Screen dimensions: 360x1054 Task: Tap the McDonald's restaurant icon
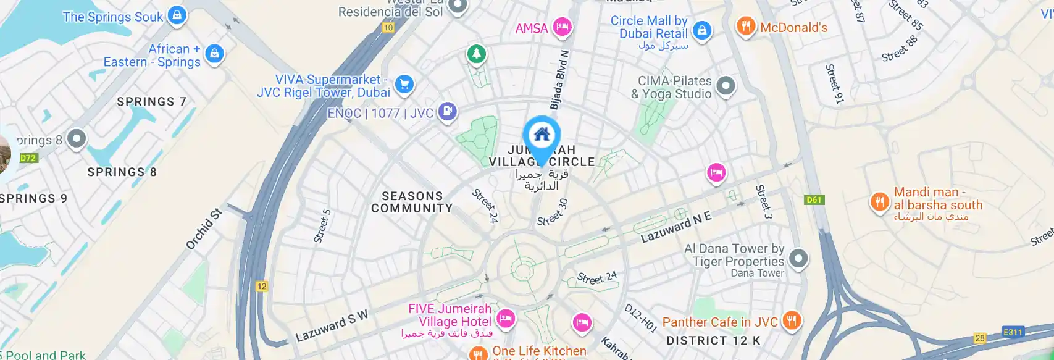click(746, 27)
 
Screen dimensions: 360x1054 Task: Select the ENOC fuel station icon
click(447, 112)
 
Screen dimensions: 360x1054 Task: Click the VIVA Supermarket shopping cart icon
click(404, 84)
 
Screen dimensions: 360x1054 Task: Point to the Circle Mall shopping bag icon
click(701, 30)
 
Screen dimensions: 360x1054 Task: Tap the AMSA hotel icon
click(561, 27)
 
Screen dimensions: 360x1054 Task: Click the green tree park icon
click(476, 54)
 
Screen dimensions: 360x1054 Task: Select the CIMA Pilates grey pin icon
click(726, 86)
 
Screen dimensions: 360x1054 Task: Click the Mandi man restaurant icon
click(879, 201)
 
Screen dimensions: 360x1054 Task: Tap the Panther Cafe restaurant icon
click(792, 320)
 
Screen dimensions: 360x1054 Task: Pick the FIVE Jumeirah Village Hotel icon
click(506, 319)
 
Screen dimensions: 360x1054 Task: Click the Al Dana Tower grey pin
click(798, 258)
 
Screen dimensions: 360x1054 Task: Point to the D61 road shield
click(814, 199)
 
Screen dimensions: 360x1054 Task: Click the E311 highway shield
click(1013, 332)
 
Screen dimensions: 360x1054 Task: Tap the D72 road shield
click(28, 158)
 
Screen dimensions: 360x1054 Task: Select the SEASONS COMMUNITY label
click(412, 202)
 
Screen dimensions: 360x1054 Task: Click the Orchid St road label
click(204, 229)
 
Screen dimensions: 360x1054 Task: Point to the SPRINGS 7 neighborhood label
click(151, 101)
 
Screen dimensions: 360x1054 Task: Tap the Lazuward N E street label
click(675, 227)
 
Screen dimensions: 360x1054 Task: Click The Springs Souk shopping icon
click(177, 15)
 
